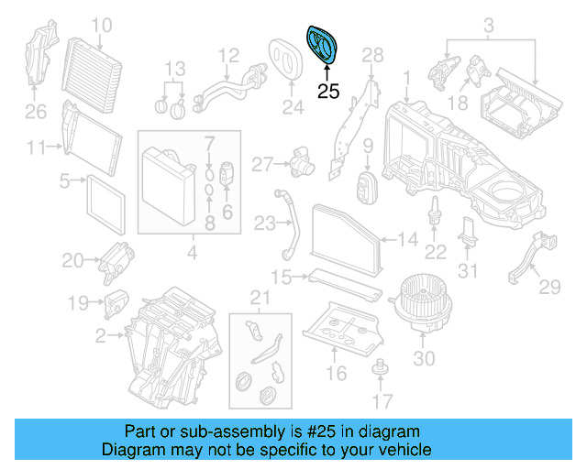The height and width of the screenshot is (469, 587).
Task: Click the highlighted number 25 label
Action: click(327, 91)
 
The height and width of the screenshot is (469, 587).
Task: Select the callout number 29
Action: click(548, 288)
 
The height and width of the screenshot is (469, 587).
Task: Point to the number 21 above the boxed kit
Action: click(260, 298)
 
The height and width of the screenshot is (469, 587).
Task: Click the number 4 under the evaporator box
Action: click(191, 253)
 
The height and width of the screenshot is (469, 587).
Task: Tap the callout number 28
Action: click(371, 56)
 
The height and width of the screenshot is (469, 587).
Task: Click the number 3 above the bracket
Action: click(489, 23)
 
